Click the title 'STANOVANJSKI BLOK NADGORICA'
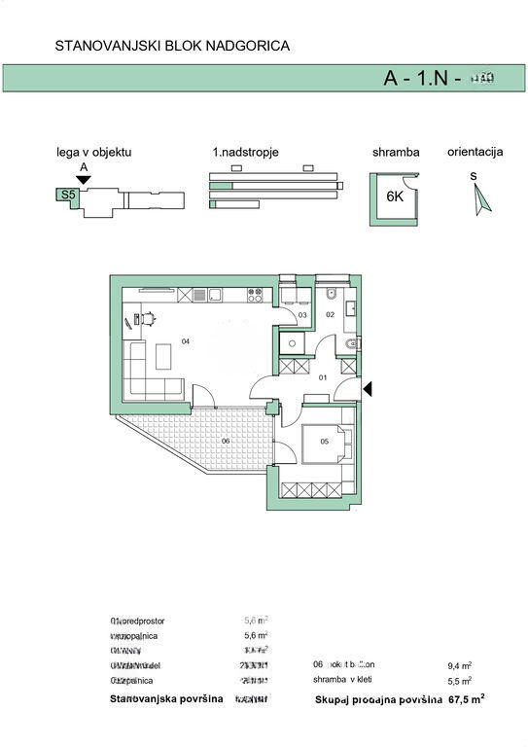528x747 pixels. [x=172, y=45]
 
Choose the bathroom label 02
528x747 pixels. [x=330, y=314]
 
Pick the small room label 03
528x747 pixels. [x=301, y=315]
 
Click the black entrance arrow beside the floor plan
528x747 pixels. [x=369, y=389]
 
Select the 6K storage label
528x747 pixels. [x=395, y=196]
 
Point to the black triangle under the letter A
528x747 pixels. [x=84, y=179]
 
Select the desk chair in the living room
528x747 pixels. [x=151, y=317]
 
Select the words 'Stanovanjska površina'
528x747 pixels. [x=166, y=698]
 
